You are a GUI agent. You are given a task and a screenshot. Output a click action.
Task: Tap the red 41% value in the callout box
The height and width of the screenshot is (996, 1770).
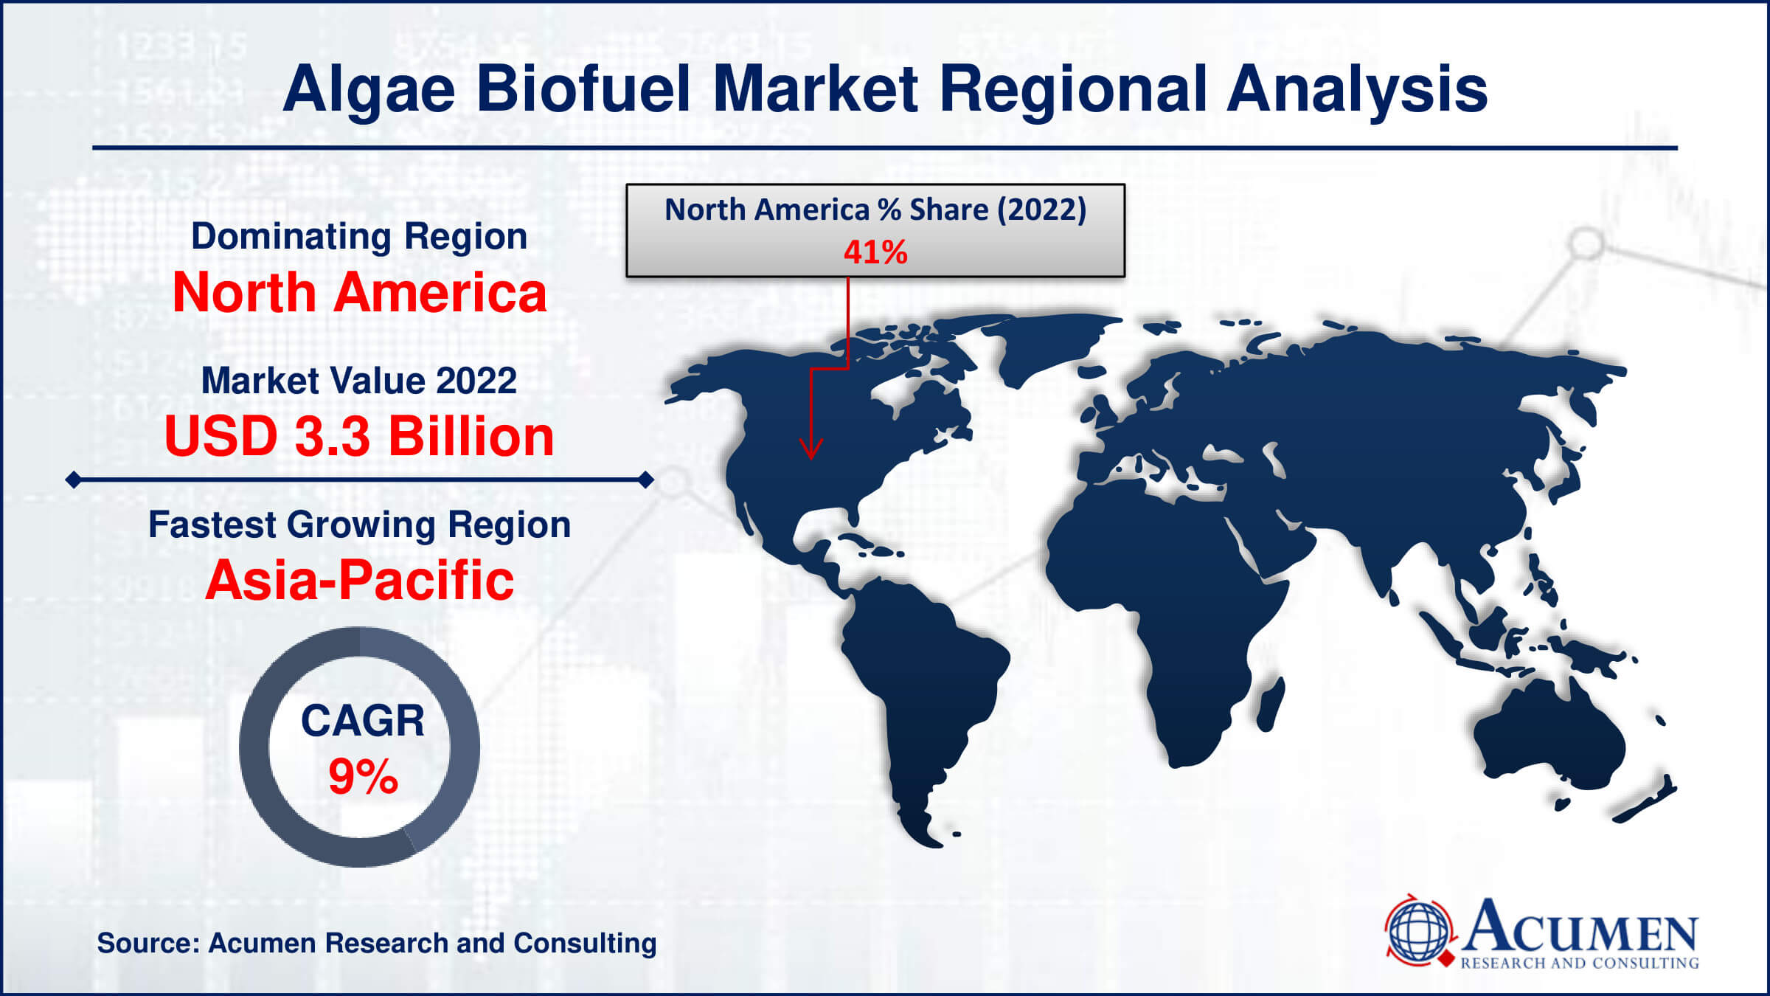click(x=875, y=252)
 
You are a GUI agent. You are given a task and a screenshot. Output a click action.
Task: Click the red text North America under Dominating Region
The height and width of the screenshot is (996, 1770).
click(x=359, y=293)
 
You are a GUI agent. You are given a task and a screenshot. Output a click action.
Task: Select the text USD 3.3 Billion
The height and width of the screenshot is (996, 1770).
click(x=359, y=437)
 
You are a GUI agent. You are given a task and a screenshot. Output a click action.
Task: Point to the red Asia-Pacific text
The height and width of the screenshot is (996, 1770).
click(x=359, y=581)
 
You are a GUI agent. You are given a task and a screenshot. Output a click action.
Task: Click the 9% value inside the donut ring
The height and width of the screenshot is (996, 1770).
click(x=363, y=777)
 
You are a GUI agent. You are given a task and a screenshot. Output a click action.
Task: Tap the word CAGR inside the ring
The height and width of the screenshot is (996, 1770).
click(x=363, y=721)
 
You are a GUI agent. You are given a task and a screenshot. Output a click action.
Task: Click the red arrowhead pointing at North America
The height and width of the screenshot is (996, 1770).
click(x=811, y=450)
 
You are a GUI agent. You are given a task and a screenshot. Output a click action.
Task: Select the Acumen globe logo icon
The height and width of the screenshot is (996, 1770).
click(x=1418, y=932)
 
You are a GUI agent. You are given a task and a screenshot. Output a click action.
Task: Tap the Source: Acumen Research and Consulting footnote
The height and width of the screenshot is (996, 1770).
click(x=376, y=944)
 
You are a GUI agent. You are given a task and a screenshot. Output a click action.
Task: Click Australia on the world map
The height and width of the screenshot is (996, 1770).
click(x=1549, y=745)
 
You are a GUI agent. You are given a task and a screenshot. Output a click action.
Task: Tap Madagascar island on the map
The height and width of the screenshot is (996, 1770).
click(x=1270, y=705)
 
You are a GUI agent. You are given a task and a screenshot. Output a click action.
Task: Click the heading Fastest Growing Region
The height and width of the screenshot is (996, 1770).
click(x=359, y=525)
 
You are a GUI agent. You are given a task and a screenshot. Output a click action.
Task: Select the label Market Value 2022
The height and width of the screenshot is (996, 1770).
click(x=359, y=381)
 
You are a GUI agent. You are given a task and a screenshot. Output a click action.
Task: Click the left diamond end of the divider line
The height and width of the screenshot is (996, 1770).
click(x=73, y=480)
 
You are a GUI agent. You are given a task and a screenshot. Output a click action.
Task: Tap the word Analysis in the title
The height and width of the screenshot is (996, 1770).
click(x=1357, y=90)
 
